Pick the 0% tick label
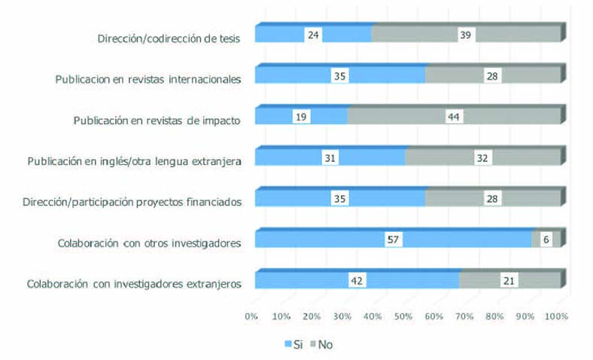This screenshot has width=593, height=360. (x=251, y=317)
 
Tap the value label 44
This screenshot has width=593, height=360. (x=454, y=117)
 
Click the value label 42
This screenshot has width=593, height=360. (x=357, y=280)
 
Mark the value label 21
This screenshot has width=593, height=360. (x=510, y=280)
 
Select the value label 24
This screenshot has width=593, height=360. (x=314, y=35)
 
